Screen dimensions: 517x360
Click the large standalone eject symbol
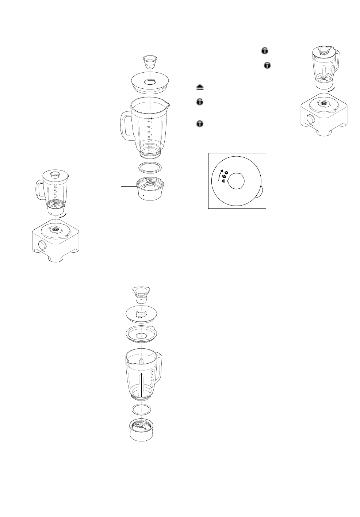click(200, 88)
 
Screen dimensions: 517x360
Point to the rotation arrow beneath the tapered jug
click(330, 89)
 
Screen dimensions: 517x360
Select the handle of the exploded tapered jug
click(159, 367)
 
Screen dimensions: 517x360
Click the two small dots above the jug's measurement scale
click(150, 119)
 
